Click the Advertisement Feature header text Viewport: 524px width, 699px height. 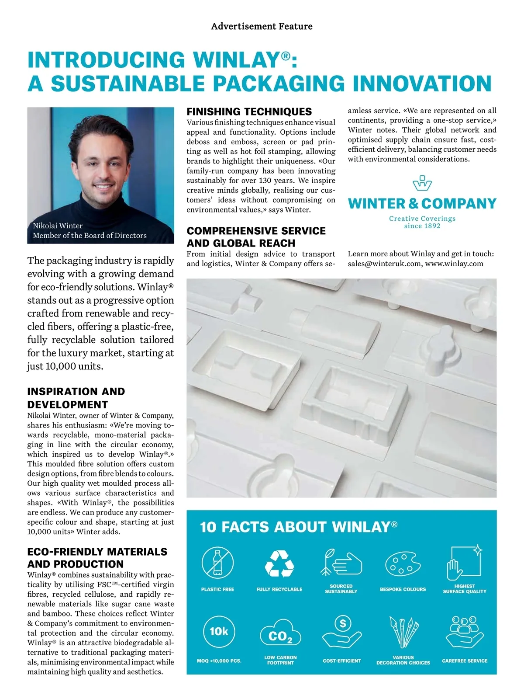(262, 26)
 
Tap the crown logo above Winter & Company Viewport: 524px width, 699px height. (422, 184)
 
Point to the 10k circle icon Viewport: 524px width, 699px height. (219, 631)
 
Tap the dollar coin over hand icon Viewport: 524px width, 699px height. (342, 632)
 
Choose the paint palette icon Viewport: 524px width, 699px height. (403, 564)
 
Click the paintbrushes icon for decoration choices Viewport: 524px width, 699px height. (403, 632)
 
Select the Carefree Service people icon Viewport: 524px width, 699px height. (465, 632)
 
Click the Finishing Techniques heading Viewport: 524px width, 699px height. (249, 111)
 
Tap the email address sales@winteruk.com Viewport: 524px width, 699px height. (384, 264)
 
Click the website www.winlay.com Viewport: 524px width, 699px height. (454, 264)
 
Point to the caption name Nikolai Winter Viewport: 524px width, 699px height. (58, 226)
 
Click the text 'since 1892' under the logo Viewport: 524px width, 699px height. (422, 226)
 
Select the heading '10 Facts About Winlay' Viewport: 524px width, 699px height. (299, 527)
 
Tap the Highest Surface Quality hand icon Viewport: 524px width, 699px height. (464, 562)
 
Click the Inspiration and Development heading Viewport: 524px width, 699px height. (76, 398)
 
